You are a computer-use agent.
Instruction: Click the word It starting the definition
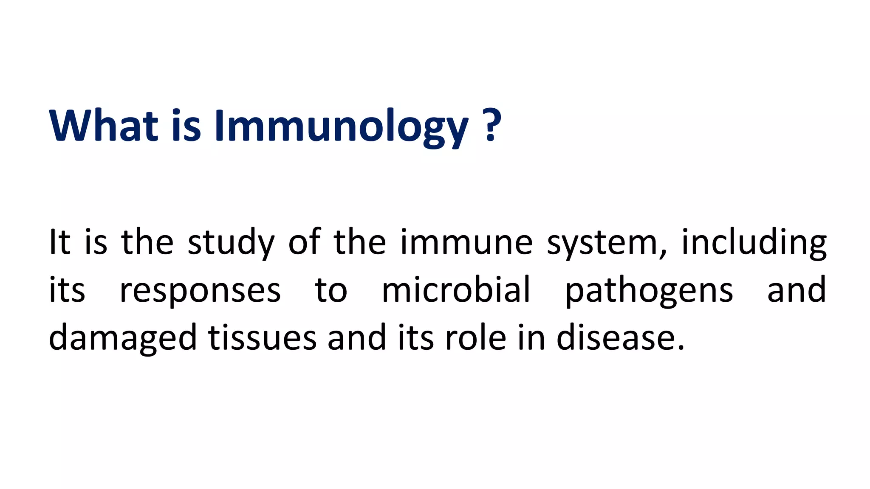[x=59, y=242]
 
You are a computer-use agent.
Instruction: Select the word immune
[x=466, y=243]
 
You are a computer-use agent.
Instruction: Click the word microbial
[x=456, y=290]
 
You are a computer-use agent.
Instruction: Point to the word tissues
[x=262, y=338]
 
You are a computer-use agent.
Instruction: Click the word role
[x=475, y=338]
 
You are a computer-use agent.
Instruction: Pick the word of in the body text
[x=304, y=242]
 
